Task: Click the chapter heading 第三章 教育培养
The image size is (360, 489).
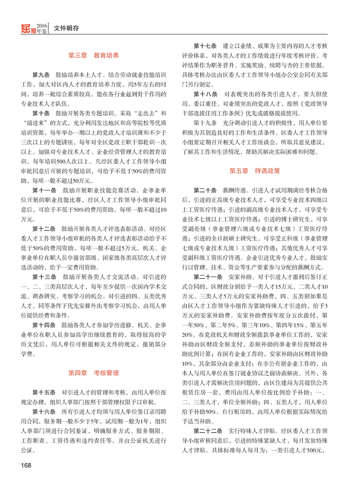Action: (x=94, y=55)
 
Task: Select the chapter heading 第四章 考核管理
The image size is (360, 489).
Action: (x=94, y=373)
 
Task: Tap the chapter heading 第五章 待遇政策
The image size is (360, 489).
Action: (x=255, y=171)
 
